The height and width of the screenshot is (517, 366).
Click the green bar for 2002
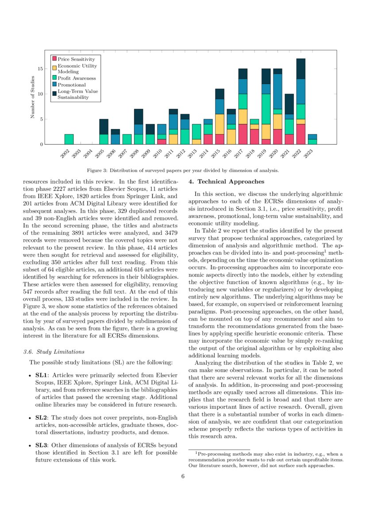pyautogui.click(x=69, y=139)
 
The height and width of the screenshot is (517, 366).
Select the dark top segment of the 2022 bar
pyautogui.click(x=301, y=69)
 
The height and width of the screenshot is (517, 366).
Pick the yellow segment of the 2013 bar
pyautogui.click(x=196, y=142)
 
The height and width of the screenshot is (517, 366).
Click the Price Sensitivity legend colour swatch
pyautogui.click(x=54, y=59)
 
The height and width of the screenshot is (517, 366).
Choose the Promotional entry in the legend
pyautogui.click(x=72, y=84)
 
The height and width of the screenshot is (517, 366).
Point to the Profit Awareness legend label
pyautogui.click(x=76, y=78)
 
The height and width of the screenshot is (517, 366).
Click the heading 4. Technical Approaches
pyautogui.click(x=226, y=181)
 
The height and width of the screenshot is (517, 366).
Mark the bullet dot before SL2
pyautogui.click(x=29, y=417)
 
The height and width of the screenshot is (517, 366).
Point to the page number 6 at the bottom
pyautogui.click(x=183, y=476)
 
